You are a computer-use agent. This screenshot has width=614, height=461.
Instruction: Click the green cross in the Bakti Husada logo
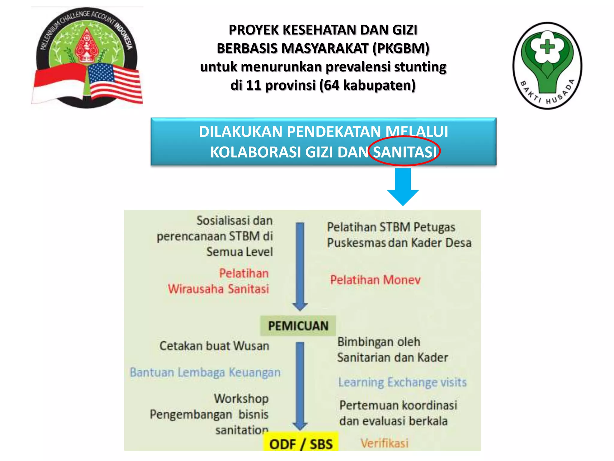click(547, 47)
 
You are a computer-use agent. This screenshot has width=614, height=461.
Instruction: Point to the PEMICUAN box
click(298, 326)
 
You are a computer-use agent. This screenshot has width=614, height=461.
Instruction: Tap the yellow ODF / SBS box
click(301, 443)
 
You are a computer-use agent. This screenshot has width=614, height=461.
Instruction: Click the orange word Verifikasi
click(384, 443)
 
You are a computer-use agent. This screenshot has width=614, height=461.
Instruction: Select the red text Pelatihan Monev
click(375, 280)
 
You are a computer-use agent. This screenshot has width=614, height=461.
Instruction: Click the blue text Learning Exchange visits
click(402, 382)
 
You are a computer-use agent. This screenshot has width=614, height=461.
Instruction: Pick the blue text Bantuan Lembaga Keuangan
click(205, 372)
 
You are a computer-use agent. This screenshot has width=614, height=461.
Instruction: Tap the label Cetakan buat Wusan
click(214, 346)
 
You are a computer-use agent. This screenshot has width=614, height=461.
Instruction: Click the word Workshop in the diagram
click(241, 399)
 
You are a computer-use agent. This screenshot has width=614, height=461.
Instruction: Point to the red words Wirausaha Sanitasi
click(218, 289)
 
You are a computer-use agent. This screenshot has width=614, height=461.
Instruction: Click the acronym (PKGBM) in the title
click(401, 48)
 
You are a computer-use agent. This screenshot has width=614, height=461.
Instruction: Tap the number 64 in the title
click(331, 85)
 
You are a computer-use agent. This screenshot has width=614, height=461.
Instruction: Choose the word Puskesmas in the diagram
click(356, 243)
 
